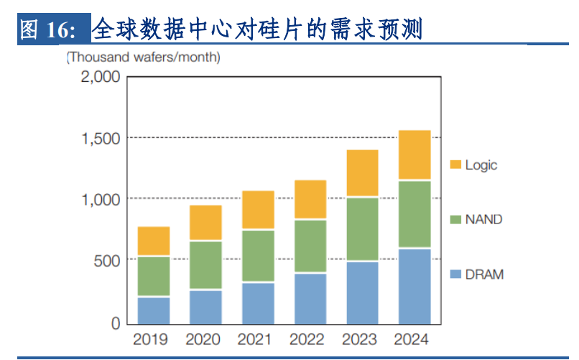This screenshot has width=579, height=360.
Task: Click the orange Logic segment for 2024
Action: pos(414,154)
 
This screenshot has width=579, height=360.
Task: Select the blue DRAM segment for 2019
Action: pos(154,311)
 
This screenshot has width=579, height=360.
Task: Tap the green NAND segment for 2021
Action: pos(258,256)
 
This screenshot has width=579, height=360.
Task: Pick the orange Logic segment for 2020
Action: pos(205,223)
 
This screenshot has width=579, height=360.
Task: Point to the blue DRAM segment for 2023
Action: pos(363,293)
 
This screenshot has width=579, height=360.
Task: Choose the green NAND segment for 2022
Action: pos(310,246)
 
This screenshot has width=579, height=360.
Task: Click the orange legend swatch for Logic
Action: pos(455,165)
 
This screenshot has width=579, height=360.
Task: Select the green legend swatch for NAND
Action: pos(455,219)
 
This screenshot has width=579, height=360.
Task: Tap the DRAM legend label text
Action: pos(484,274)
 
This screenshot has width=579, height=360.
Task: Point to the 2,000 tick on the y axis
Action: pos(101,77)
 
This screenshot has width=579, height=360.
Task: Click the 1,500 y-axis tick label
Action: pos(101,139)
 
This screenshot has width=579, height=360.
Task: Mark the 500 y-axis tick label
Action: pos(107,261)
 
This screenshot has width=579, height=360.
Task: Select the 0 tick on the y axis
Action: pos(116,323)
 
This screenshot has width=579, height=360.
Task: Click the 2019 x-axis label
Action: pos(150,339)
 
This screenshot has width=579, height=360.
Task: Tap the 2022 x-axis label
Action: pos(307,339)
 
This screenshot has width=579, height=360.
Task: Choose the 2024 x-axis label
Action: pos(412,339)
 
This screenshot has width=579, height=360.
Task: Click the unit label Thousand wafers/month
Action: pos(143,57)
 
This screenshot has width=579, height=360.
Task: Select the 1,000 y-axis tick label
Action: pos(101,200)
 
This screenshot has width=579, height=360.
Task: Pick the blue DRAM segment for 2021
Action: pos(258,304)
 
